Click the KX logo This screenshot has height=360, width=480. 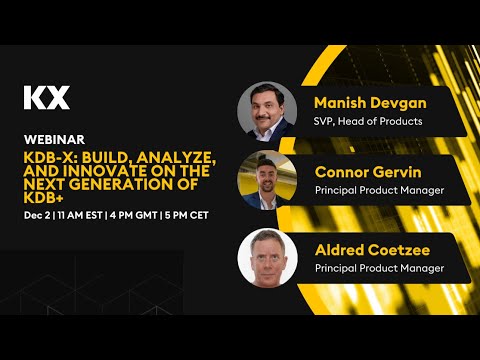click(46, 98)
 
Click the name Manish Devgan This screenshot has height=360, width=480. click(361, 103)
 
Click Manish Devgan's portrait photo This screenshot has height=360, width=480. click(267, 109)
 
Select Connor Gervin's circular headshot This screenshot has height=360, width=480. click(267, 178)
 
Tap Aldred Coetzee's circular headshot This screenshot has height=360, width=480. click(267, 257)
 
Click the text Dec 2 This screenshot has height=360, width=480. click(37, 216)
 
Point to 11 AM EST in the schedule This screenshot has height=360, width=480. click(79, 216)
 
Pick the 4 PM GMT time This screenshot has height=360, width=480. click(133, 216)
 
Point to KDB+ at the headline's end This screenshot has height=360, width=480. click(41, 197)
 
